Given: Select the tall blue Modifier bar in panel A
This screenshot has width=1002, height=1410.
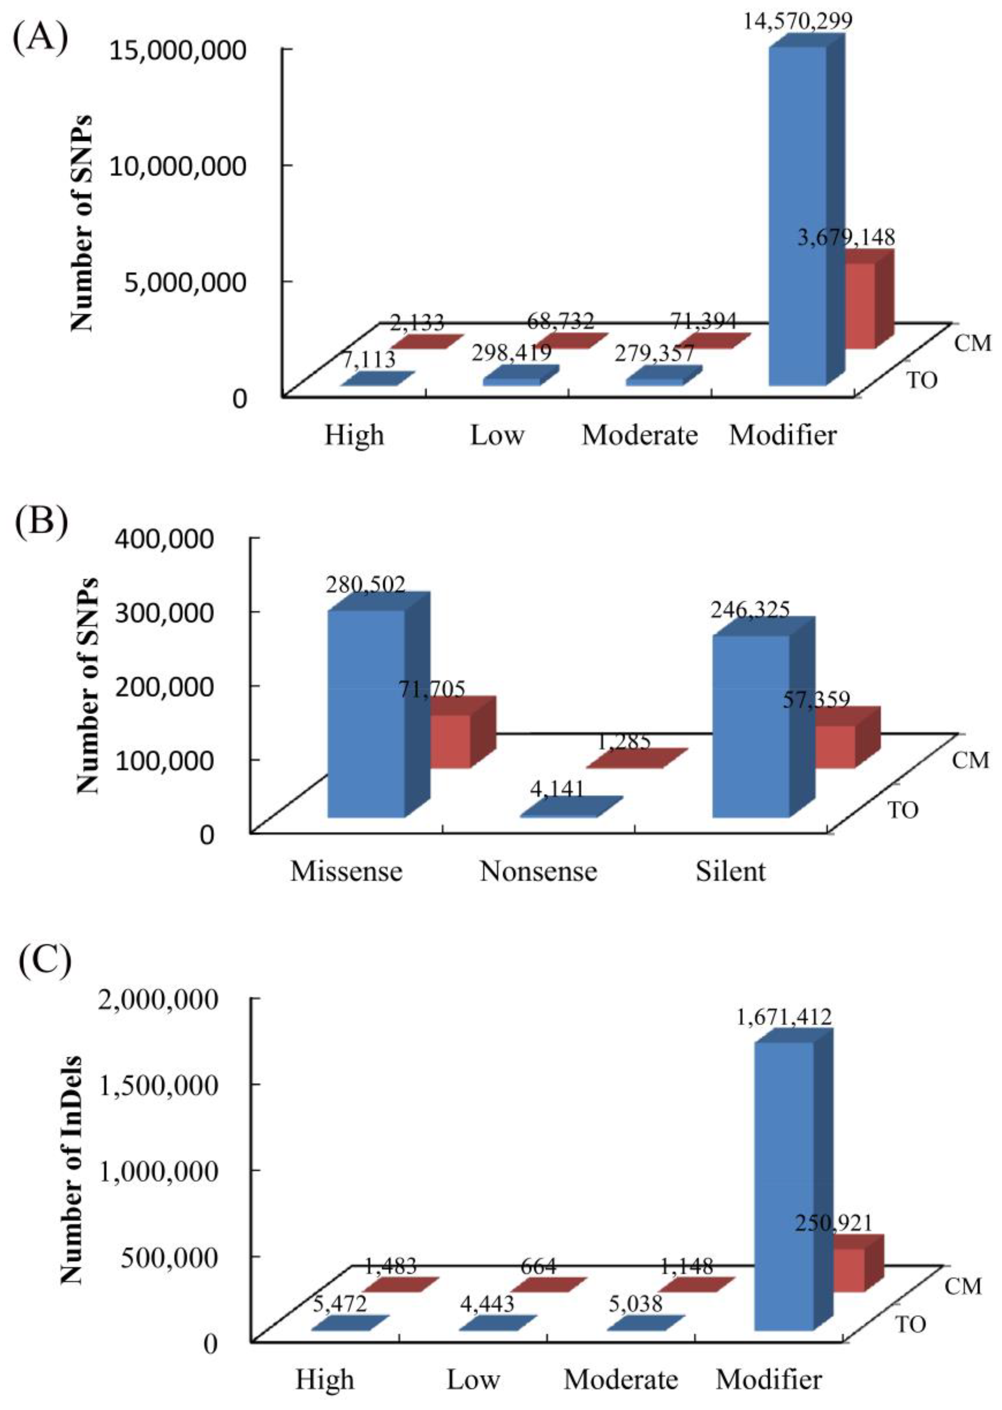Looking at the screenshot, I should pos(797,216).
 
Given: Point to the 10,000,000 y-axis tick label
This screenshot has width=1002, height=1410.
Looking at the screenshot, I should pos(177,167).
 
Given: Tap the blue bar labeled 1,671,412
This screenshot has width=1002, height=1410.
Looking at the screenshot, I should pos(784,1184).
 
